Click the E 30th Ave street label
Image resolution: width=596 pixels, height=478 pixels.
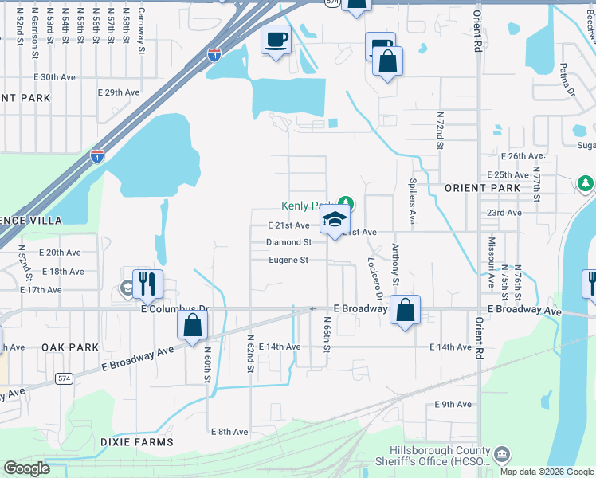click(54, 77)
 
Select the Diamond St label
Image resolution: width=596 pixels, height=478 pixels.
click(288, 242)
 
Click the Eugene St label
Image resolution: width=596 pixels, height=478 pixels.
click(288, 261)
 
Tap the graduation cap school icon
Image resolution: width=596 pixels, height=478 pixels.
click(335, 220)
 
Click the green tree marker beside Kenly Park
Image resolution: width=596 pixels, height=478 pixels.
click(346, 202)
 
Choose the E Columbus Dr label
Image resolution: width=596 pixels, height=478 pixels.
click(174, 308)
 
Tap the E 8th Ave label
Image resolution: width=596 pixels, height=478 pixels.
click(229, 432)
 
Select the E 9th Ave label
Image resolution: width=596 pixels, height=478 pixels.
click(453, 405)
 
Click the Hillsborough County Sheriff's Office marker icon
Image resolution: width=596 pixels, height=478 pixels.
click(502, 455)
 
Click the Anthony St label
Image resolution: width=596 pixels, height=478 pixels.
click(395, 264)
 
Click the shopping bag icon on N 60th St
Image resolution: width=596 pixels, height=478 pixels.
click(192, 325)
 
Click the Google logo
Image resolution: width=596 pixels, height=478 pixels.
click(26, 468)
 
